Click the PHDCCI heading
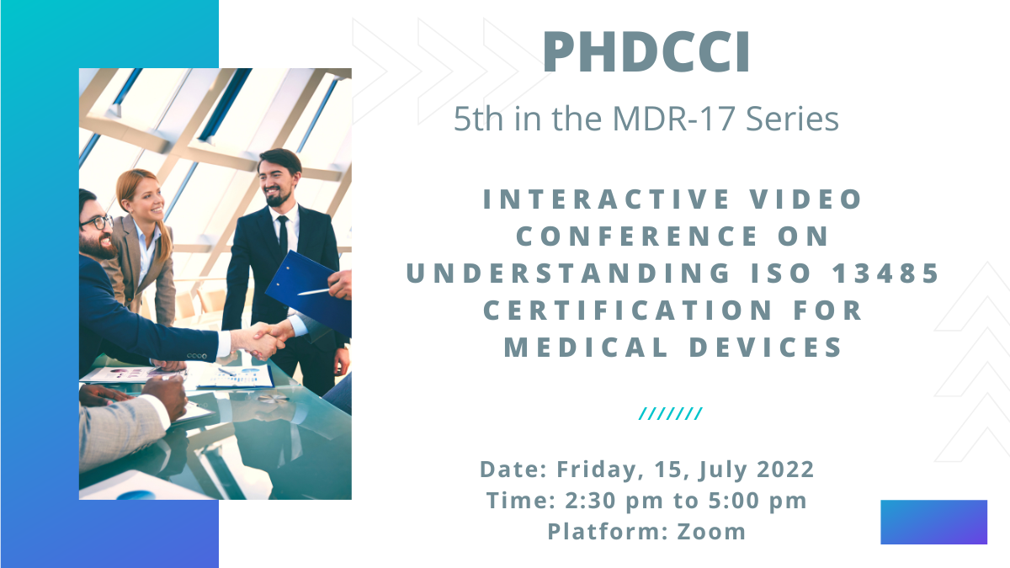(x=646, y=52)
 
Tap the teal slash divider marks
(x=671, y=413)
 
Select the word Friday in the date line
(x=592, y=469)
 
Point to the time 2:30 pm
(x=595, y=501)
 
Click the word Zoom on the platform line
(x=711, y=532)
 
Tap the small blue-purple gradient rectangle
(x=933, y=522)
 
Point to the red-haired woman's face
(x=145, y=196)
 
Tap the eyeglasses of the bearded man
(x=98, y=223)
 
